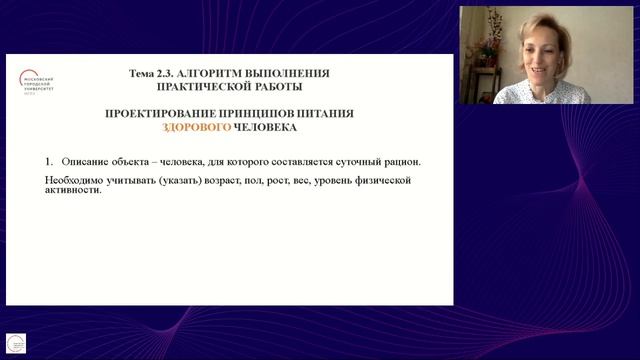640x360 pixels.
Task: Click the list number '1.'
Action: pos(49,161)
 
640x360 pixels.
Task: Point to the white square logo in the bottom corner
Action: pos(15,343)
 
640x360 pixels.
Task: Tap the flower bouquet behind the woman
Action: pos(489,41)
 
